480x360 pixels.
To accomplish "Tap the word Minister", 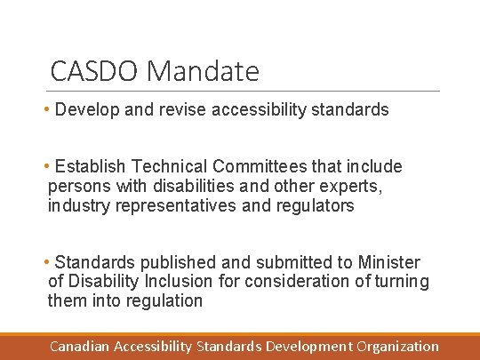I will click(388, 262).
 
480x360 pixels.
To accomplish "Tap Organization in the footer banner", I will click(398, 346).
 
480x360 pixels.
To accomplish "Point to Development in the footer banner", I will click(308, 346).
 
